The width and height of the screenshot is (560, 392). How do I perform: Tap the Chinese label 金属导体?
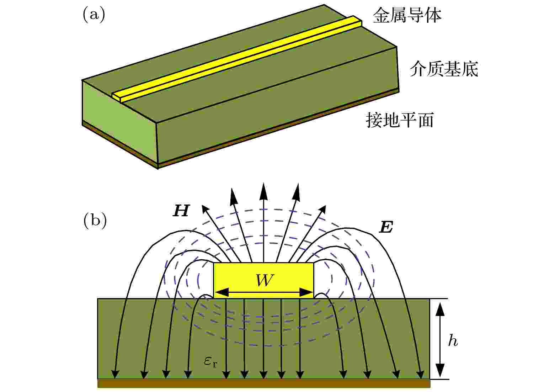[x=407, y=16]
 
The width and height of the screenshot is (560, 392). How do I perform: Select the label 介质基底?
[x=444, y=69]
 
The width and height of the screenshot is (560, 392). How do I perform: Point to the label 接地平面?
[x=400, y=120]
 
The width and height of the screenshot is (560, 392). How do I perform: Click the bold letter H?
[x=181, y=211]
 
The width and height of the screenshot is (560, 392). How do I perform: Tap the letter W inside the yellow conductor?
[x=265, y=281]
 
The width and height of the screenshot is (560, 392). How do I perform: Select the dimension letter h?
[x=453, y=341]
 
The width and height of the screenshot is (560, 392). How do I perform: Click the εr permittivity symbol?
[x=210, y=362]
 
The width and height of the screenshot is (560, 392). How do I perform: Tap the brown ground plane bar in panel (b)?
[x=263, y=383]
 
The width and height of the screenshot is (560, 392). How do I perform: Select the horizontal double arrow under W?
[x=263, y=293]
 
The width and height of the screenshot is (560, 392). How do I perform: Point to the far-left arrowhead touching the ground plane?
[x=115, y=375]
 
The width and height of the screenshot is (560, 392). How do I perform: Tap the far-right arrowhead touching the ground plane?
[x=420, y=375]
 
